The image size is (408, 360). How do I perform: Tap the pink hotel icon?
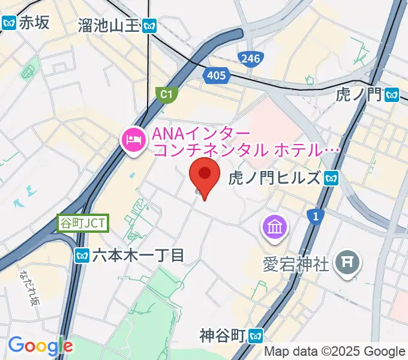[x=133, y=141]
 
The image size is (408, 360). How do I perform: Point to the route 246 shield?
[x=248, y=58]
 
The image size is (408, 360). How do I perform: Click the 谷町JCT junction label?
[x=83, y=223]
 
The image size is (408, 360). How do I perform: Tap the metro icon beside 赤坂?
[x=8, y=23]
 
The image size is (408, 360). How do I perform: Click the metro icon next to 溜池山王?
[x=151, y=25]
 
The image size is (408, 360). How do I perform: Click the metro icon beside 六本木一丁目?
[x=83, y=256]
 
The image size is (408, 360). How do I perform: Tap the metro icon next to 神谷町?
[x=257, y=335]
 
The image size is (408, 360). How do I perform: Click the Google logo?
[x=40, y=346]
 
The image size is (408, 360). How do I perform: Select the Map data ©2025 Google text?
[x=335, y=352]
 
